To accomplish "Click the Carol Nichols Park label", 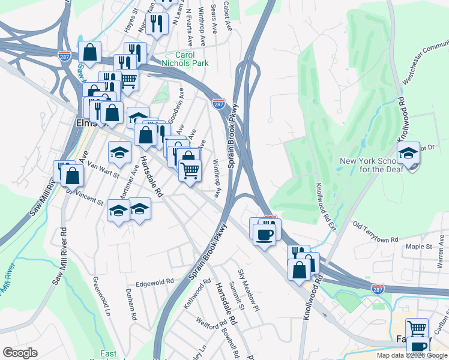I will [x=187, y=59].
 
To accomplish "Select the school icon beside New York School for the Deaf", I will [x=408, y=154].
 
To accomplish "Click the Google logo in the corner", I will [x=20, y=353].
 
